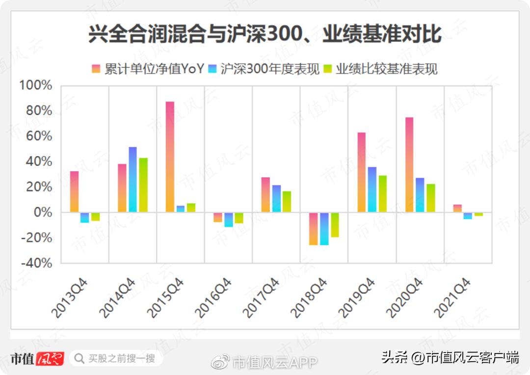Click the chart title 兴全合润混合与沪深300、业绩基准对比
(265, 36)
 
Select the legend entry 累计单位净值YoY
(148, 69)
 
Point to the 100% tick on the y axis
(35, 85)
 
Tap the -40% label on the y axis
(35, 263)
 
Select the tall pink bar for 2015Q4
(170, 157)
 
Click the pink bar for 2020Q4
(409, 165)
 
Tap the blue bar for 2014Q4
(132, 180)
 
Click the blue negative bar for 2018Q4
(324, 229)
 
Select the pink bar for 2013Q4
(74, 192)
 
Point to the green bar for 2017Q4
(287, 202)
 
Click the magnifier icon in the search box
(79, 359)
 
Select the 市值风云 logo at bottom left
(37, 359)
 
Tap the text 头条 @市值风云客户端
(450, 357)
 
